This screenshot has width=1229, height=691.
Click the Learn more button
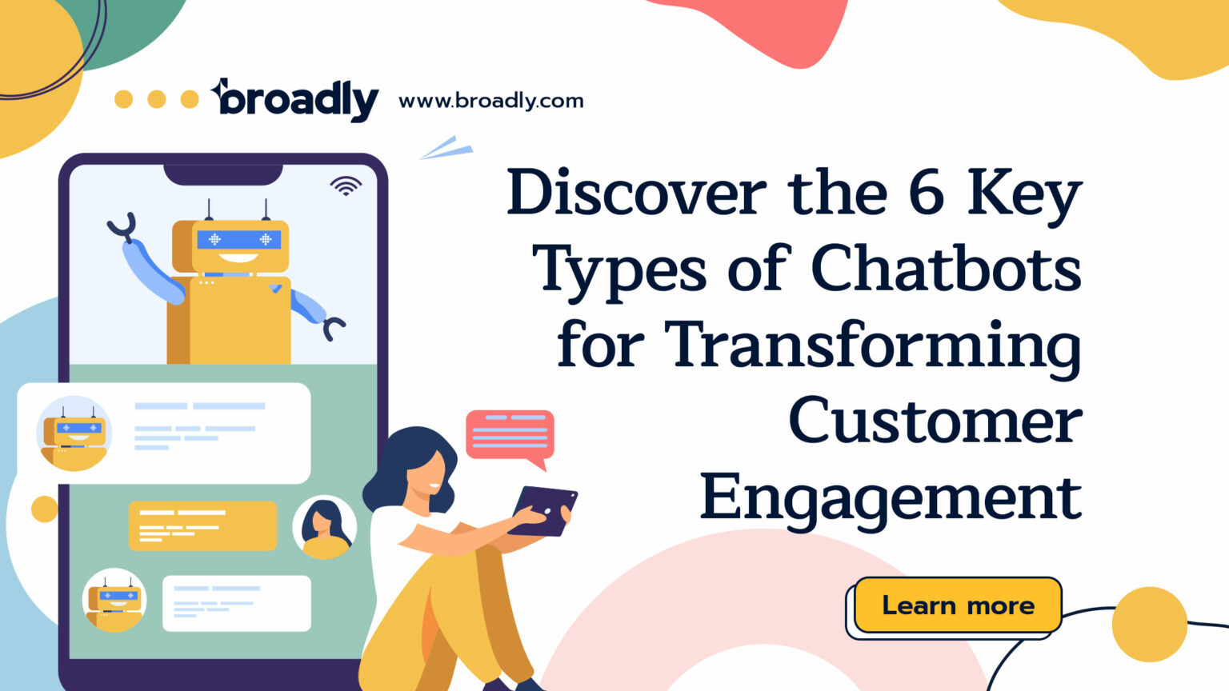(958, 605)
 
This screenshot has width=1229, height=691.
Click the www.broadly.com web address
(490, 101)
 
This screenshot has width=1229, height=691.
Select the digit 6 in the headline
(926, 193)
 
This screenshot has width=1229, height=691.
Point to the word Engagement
(891, 497)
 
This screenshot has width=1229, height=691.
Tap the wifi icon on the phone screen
(346, 186)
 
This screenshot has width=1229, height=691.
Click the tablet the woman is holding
(544, 509)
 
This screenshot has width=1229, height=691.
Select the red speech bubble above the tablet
(510, 436)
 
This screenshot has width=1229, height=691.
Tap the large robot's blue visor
(238, 239)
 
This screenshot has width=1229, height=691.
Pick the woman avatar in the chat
(324, 527)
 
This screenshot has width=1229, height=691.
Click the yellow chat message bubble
(202, 525)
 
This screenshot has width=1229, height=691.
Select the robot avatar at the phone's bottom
(114, 600)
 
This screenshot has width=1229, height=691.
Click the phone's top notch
(223, 173)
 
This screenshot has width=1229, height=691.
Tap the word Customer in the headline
(935, 421)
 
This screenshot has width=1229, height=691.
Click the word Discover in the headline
(636, 193)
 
